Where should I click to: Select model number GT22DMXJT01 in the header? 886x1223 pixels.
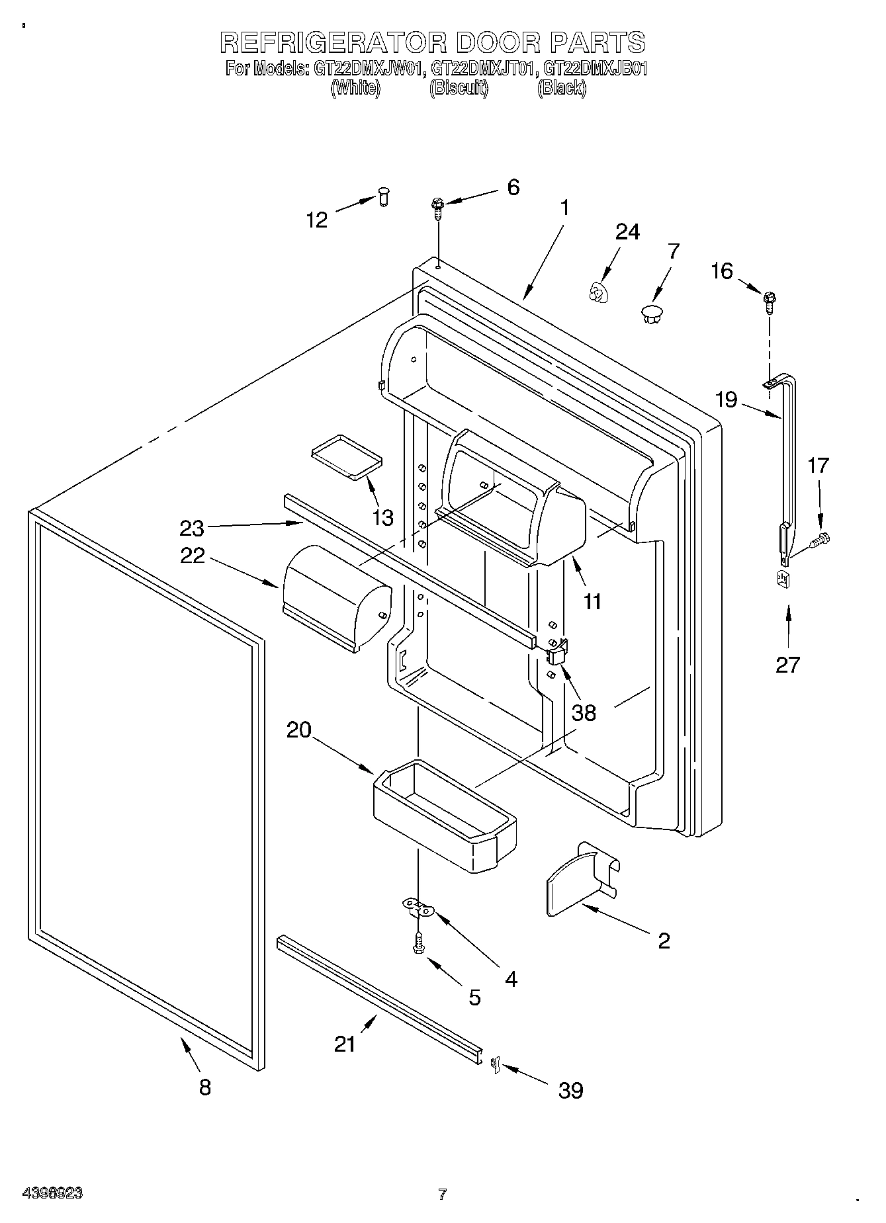482,68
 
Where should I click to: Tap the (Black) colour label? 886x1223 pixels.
561,88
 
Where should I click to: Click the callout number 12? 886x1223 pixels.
317,220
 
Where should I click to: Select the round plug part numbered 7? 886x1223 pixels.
652,314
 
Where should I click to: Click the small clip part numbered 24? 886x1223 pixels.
599,292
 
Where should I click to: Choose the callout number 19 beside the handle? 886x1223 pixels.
726,400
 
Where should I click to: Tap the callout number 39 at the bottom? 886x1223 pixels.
570,1090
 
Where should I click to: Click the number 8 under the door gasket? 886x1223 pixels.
205,1087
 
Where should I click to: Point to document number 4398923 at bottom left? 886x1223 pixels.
52,1193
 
